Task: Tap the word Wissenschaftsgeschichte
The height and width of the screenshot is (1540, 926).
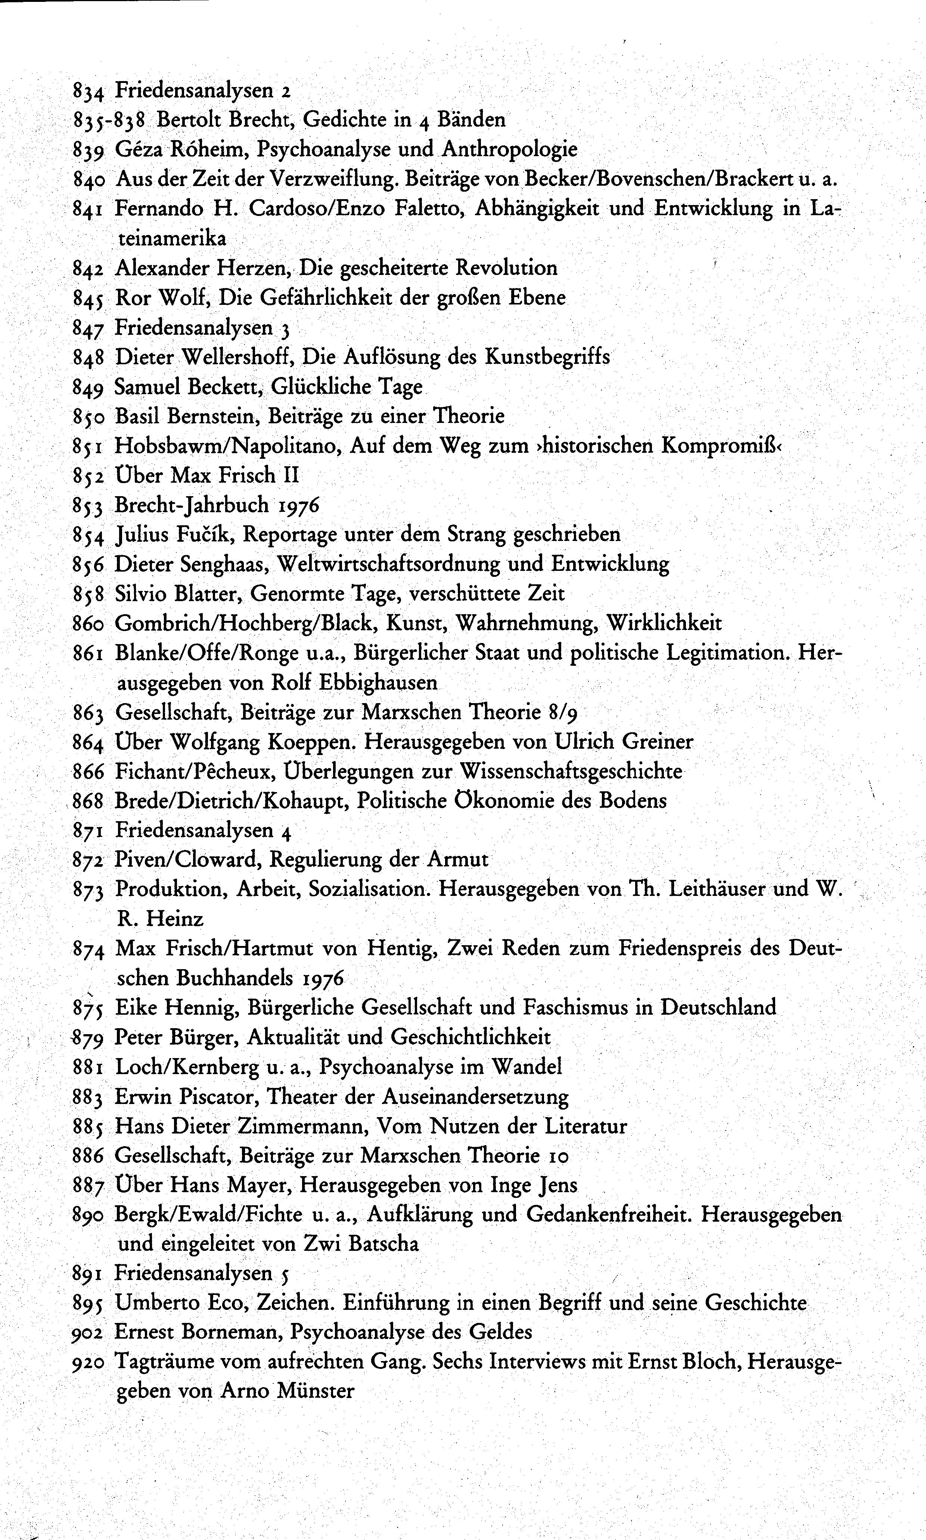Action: [570, 771]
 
